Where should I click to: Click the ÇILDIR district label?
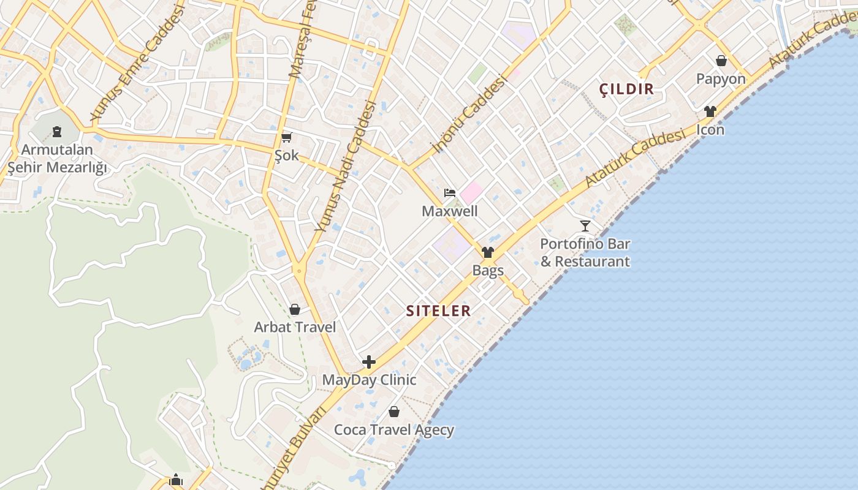pyautogui.click(x=626, y=89)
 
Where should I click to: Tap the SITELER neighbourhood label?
pyautogui.click(x=438, y=311)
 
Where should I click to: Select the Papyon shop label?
pyautogui.click(x=721, y=79)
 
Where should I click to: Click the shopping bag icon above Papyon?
pyautogui.click(x=721, y=61)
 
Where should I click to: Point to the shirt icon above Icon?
pyautogui.click(x=710, y=111)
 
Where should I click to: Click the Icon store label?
pyautogui.click(x=710, y=130)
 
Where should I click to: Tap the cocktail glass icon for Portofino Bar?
pyautogui.click(x=585, y=225)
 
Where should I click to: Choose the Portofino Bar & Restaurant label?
pyautogui.click(x=585, y=252)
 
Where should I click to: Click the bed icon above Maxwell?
pyautogui.click(x=450, y=193)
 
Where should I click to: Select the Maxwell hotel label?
pyautogui.click(x=450, y=211)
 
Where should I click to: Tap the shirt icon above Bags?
pyautogui.click(x=488, y=252)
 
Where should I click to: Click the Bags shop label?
pyautogui.click(x=488, y=270)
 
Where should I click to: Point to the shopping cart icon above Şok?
pyautogui.click(x=286, y=137)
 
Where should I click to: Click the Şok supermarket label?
pyautogui.click(x=286, y=156)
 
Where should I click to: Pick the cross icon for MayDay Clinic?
pyautogui.click(x=369, y=362)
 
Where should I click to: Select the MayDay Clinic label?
pyautogui.click(x=369, y=380)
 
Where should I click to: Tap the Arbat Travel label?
pyautogui.click(x=295, y=327)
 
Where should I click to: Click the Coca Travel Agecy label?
pyautogui.click(x=394, y=430)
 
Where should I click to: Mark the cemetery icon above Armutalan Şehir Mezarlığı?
pyautogui.click(x=57, y=131)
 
